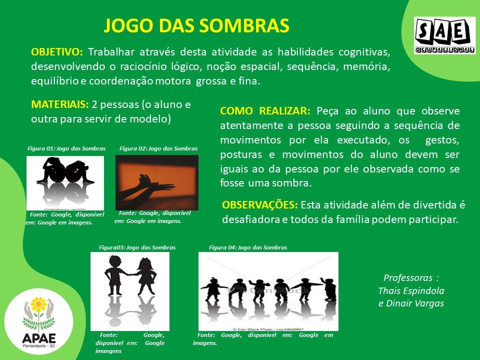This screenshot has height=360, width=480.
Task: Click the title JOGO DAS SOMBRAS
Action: pos(196,25)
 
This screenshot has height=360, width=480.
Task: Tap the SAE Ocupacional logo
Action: pos(445,35)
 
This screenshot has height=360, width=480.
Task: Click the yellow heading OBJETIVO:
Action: pos(57,52)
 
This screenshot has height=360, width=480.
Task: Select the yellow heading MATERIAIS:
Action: pos(60,104)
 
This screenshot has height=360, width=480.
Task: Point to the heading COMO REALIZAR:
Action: pos(265,111)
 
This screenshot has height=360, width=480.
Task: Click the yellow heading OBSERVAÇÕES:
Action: pos(260,205)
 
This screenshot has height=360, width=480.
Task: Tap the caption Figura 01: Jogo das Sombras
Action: pos(66,148)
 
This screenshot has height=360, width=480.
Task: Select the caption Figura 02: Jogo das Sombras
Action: pos(158,148)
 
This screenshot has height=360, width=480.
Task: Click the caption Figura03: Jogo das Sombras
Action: pos(137,247)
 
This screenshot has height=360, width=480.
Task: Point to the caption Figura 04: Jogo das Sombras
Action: pos(248,247)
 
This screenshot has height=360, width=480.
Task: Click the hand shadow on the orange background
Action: pos(147,190)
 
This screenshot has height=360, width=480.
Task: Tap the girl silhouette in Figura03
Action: pos(146,276)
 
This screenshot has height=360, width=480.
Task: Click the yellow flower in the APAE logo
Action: pos(38,304)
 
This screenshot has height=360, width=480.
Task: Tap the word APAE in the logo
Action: pos(39,338)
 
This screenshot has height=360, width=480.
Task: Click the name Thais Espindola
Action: pos(411,291)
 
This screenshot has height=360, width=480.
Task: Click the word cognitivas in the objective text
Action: pos(364,52)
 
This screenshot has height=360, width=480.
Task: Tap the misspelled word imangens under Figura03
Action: pos(108,351)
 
